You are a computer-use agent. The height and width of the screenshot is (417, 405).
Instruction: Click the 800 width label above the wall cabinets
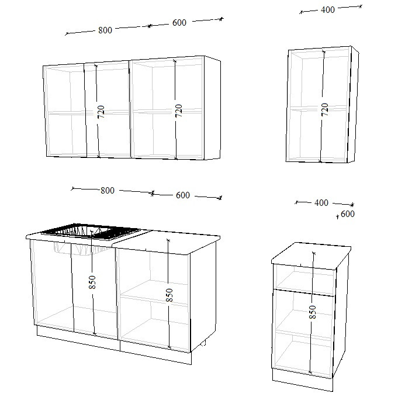(105, 30)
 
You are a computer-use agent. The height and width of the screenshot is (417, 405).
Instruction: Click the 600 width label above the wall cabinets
(179, 23)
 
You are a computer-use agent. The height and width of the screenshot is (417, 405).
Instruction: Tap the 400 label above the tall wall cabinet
(328, 10)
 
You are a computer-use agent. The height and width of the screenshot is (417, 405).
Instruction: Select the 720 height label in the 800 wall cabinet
(101, 112)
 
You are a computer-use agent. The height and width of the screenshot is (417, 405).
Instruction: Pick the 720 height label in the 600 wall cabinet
(179, 111)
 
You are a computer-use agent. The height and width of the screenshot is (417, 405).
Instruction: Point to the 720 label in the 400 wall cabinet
(324, 109)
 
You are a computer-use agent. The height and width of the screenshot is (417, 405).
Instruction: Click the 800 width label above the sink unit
(108, 191)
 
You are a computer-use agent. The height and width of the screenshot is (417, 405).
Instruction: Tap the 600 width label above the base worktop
(183, 195)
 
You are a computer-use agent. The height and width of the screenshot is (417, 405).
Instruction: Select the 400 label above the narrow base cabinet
(321, 202)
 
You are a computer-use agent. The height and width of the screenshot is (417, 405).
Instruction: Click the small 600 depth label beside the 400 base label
(348, 214)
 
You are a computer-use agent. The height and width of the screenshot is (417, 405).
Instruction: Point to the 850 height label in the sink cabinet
(92, 282)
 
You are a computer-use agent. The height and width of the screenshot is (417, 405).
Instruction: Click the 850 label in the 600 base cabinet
(169, 295)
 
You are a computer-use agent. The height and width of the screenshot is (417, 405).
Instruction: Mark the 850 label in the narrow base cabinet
(313, 312)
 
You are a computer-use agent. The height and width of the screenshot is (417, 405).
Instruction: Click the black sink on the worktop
(91, 232)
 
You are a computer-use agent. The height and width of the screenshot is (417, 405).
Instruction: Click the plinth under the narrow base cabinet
(302, 380)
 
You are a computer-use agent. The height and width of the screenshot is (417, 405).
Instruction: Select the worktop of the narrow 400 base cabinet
(311, 254)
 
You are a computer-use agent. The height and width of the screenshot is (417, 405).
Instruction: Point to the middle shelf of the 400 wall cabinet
(318, 108)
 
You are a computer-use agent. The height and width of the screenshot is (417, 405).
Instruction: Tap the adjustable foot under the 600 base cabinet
(203, 344)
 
